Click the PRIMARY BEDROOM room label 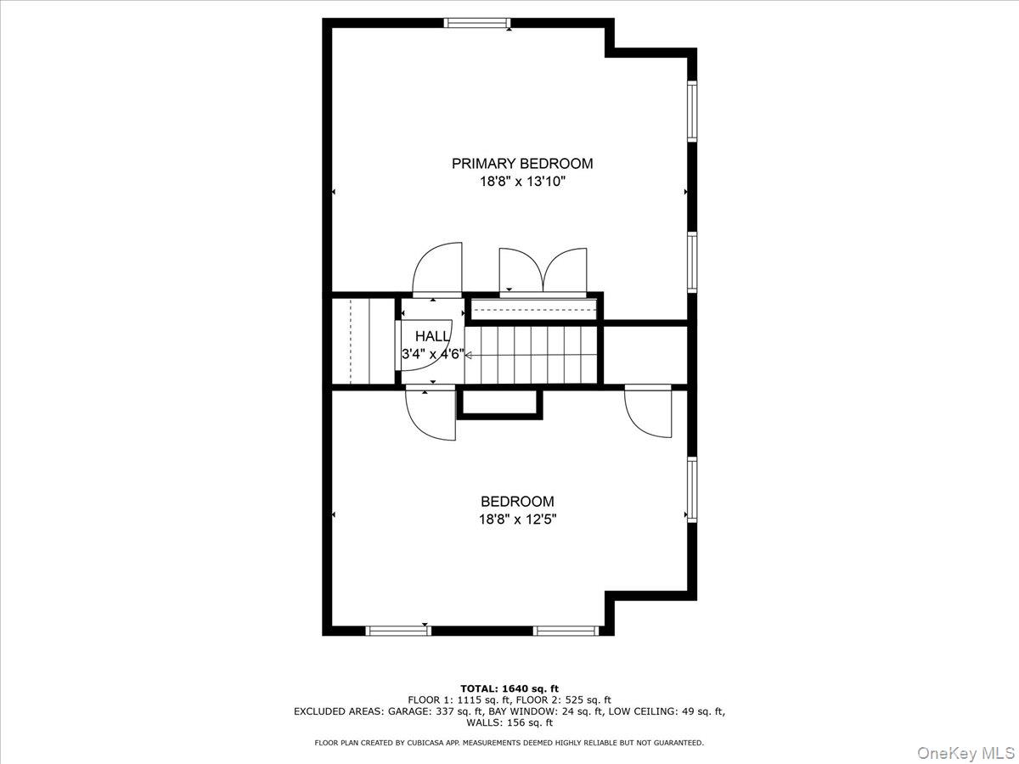[521, 164]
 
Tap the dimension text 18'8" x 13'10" [521, 182]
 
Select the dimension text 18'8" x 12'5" [517, 519]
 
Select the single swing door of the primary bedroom [437, 269]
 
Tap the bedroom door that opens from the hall [431, 413]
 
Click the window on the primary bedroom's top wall [477, 23]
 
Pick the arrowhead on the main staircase [468, 356]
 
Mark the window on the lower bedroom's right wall [692, 489]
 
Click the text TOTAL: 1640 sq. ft [509, 688]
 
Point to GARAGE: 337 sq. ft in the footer [408, 711]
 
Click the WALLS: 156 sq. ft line [509, 723]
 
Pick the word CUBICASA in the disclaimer [419, 743]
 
